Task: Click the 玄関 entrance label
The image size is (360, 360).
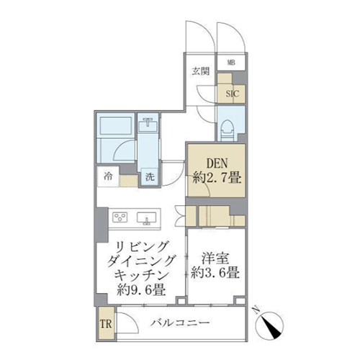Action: (x=201, y=71)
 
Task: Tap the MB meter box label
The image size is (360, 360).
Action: (x=231, y=63)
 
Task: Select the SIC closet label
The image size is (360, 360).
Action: (x=232, y=94)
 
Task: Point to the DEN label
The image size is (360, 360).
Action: (x=217, y=163)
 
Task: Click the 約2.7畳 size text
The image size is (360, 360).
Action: (x=217, y=178)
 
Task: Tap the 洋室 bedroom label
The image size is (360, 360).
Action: (x=215, y=258)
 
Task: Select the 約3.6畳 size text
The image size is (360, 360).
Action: (x=215, y=273)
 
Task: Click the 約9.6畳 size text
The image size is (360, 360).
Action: (x=141, y=290)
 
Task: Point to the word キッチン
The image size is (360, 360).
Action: (x=141, y=276)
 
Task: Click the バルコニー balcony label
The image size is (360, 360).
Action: (x=180, y=323)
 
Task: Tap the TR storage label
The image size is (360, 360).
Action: (x=106, y=324)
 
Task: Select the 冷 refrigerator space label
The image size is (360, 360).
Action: (x=108, y=176)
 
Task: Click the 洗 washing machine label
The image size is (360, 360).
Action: (x=150, y=177)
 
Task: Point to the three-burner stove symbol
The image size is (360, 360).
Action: (x=120, y=217)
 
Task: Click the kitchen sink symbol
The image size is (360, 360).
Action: (x=147, y=218)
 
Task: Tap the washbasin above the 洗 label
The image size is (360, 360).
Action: (x=148, y=125)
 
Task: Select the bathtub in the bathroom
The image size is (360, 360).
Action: (x=115, y=125)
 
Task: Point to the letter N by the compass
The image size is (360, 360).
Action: (x=256, y=310)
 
